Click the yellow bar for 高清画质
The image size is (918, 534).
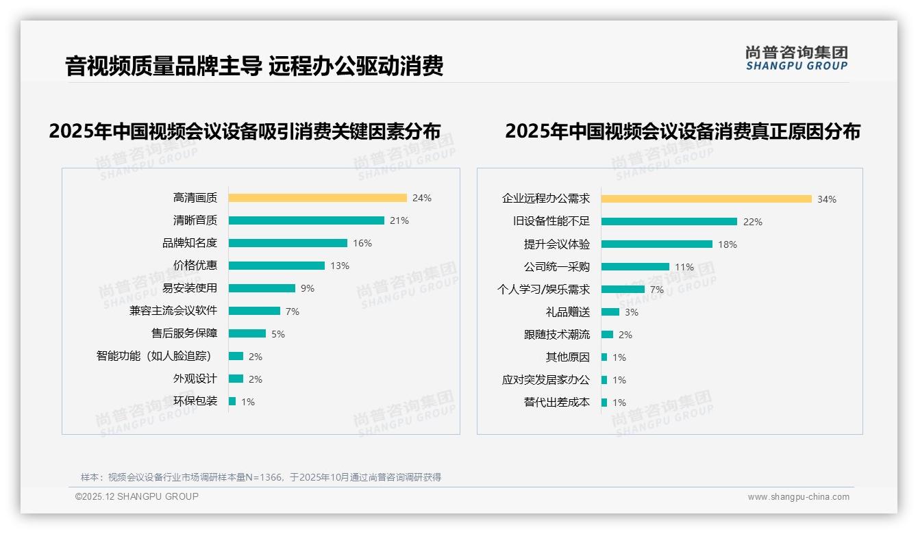[317, 198]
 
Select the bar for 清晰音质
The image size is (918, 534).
[306, 220]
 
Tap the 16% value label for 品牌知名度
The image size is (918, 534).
[362, 243]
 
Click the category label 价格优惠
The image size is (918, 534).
[195, 266]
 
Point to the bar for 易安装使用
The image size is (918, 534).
[262, 288]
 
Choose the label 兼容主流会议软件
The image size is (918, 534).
[173, 311]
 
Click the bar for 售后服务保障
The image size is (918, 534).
[247, 333]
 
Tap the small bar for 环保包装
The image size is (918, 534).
[232, 401]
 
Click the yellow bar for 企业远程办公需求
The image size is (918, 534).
[706, 199]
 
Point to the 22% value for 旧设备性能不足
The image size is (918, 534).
[753, 222]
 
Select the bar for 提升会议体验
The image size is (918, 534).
[657, 244]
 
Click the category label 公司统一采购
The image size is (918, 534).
[557, 267]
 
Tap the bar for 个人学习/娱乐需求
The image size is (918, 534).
[623, 290]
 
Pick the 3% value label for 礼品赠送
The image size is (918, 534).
[632, 312]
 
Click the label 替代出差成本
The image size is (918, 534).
[557, 403]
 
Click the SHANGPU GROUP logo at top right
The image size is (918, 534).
[797, 58]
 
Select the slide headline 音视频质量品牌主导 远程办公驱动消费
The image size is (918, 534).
[254, 66]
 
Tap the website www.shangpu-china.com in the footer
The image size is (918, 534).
[798, 497]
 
